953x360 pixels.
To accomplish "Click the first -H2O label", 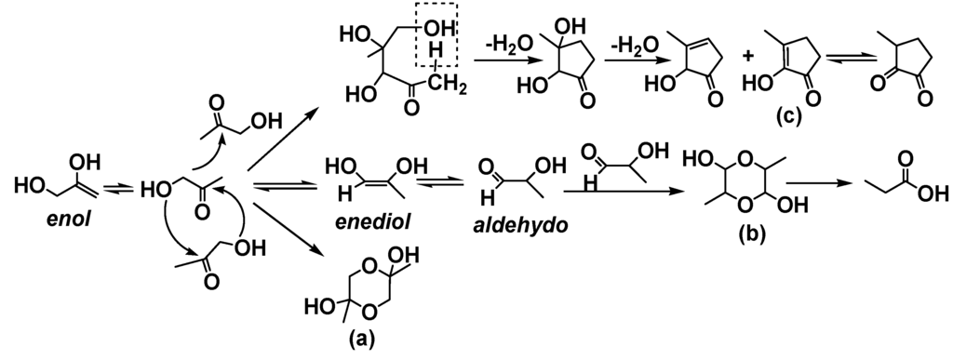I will coord(509,44).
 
